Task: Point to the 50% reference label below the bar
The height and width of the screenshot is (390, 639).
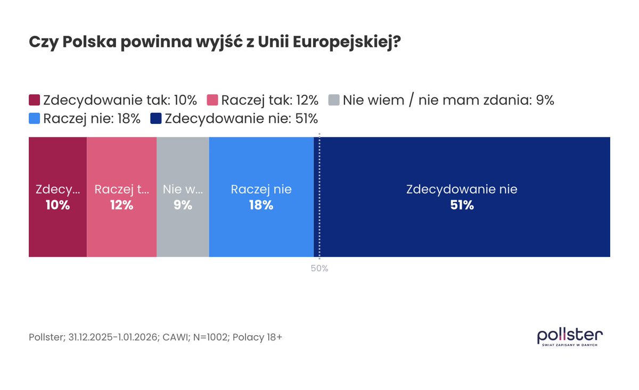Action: click(319, 269)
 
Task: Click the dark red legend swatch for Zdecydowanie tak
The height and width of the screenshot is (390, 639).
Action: click(35, 100)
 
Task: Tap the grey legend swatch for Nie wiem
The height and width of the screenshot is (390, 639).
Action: click(334, 100)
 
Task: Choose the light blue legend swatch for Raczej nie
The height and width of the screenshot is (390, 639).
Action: click(35, 118)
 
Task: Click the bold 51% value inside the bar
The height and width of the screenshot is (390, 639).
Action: click(462, 205)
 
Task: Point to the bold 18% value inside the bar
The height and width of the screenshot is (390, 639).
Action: click(261, 205)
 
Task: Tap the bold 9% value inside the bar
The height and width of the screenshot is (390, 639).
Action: click(183, 205)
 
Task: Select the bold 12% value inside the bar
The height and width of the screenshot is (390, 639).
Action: click(121, 205)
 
